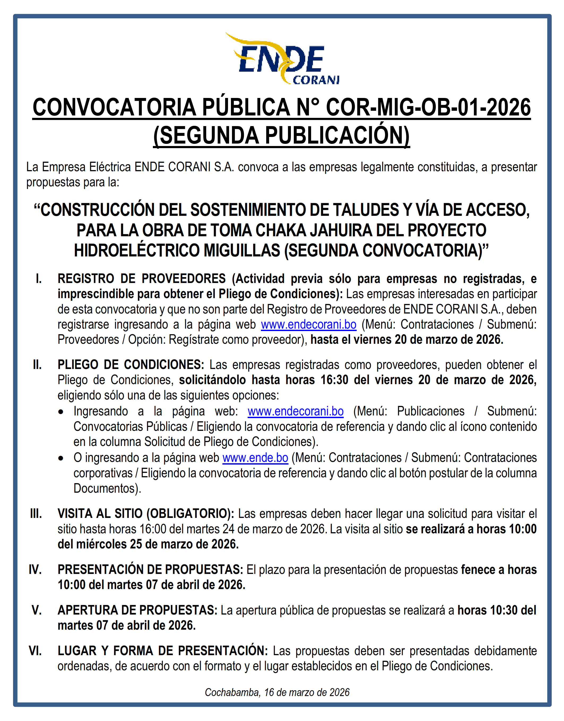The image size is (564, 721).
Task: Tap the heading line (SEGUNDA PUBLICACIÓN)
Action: point(282,135)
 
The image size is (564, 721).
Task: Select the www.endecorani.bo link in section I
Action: point(308,325)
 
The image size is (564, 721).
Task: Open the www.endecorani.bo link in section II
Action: point(296,411)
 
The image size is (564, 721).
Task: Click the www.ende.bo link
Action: point(255,458)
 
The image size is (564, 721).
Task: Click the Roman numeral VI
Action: point(35,651)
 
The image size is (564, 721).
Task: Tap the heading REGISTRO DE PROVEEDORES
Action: point(142,279)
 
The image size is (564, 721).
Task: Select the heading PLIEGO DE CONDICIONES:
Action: point(131,365)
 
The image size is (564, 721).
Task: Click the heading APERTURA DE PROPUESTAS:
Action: point(137,610)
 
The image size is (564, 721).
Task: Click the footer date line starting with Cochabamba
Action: point(277,692)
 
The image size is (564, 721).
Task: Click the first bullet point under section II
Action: point(61,412)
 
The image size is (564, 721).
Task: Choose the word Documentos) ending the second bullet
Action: point(107,488)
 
